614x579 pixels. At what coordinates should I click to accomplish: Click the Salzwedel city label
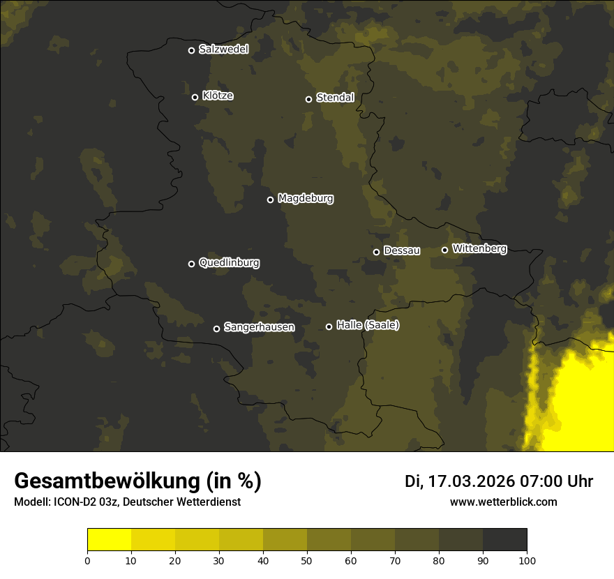pos(223,50)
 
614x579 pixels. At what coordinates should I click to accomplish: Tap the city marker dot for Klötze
pos(195,97)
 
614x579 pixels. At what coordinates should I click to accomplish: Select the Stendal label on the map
pos(335,98)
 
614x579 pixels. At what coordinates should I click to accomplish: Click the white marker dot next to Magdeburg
pos(271,200)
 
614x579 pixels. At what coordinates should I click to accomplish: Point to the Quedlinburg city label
pos(229,263)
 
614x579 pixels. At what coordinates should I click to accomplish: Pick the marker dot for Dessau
pos(377,252)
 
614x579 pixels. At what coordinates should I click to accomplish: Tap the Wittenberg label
pos(479,248)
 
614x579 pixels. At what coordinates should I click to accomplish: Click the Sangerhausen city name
pos(259,327)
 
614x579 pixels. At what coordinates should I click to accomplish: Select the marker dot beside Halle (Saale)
pos(329,326)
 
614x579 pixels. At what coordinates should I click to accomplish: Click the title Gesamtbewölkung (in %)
pos(137,481)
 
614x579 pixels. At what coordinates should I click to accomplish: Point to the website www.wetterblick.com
pos(504,502)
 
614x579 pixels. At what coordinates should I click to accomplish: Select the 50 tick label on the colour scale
pos(307,560)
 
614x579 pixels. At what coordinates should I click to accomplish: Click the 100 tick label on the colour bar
pos(527,560)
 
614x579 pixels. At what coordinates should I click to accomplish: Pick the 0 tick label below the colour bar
pos(87,560)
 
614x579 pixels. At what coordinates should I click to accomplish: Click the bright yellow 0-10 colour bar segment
pos(110,540)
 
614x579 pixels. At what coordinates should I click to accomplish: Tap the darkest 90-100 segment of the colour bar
pos(504,540)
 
